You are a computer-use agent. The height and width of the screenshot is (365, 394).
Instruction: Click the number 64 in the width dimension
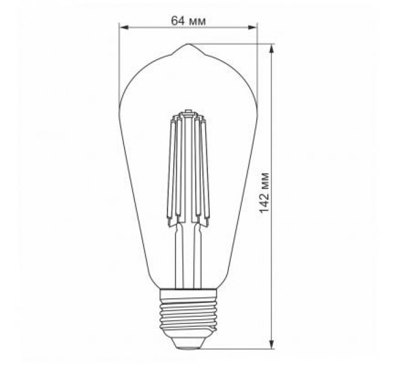pos(177,20)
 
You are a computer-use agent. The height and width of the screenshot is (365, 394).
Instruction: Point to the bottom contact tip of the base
pos(188,346)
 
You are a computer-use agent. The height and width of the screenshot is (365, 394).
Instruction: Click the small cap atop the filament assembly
pos(188,111)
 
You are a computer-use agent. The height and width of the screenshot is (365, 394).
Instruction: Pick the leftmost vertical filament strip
pos(172,168)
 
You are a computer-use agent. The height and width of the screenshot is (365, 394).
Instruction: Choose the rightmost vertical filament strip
pos(203,168)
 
